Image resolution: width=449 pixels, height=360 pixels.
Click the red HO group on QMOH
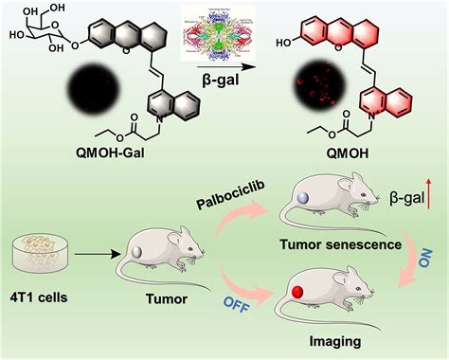pyautogui.click(x=290, y=44)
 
